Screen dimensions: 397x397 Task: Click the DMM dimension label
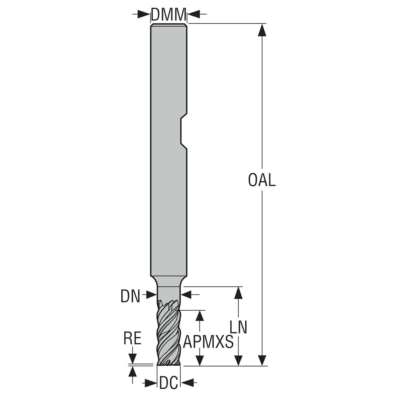tap(169, 14)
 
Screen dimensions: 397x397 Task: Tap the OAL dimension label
tap(262, 180)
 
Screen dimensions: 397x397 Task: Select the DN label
tap(130, 296)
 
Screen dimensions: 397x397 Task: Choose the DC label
tap(169, 383)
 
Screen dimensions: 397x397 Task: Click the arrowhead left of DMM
tap(143, 14)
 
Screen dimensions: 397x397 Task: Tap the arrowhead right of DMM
tap(194, 14)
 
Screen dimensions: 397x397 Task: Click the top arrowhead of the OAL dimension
tap(262, 30)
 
